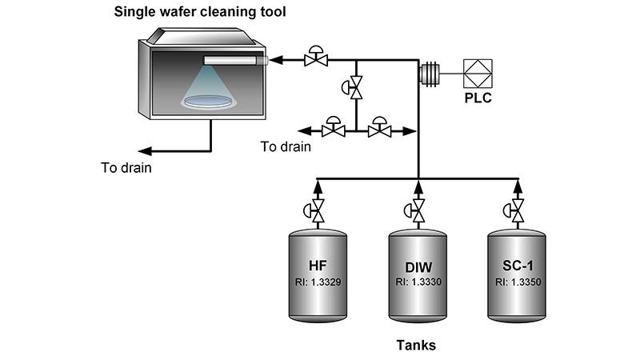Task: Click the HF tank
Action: [318, 273]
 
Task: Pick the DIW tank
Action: [417, 273]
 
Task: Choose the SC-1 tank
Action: [517, 273]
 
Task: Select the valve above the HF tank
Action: [318, 212]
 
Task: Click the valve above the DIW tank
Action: [417, 212]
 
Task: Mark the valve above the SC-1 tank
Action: [517, 212]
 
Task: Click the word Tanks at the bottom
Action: [417, 346]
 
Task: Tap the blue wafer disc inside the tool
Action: [207, 101]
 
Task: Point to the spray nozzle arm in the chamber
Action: [234, 60]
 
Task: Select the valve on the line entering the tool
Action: [318, 58]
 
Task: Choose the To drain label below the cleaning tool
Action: [126, 168]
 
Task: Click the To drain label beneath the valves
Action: [286, 147]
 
